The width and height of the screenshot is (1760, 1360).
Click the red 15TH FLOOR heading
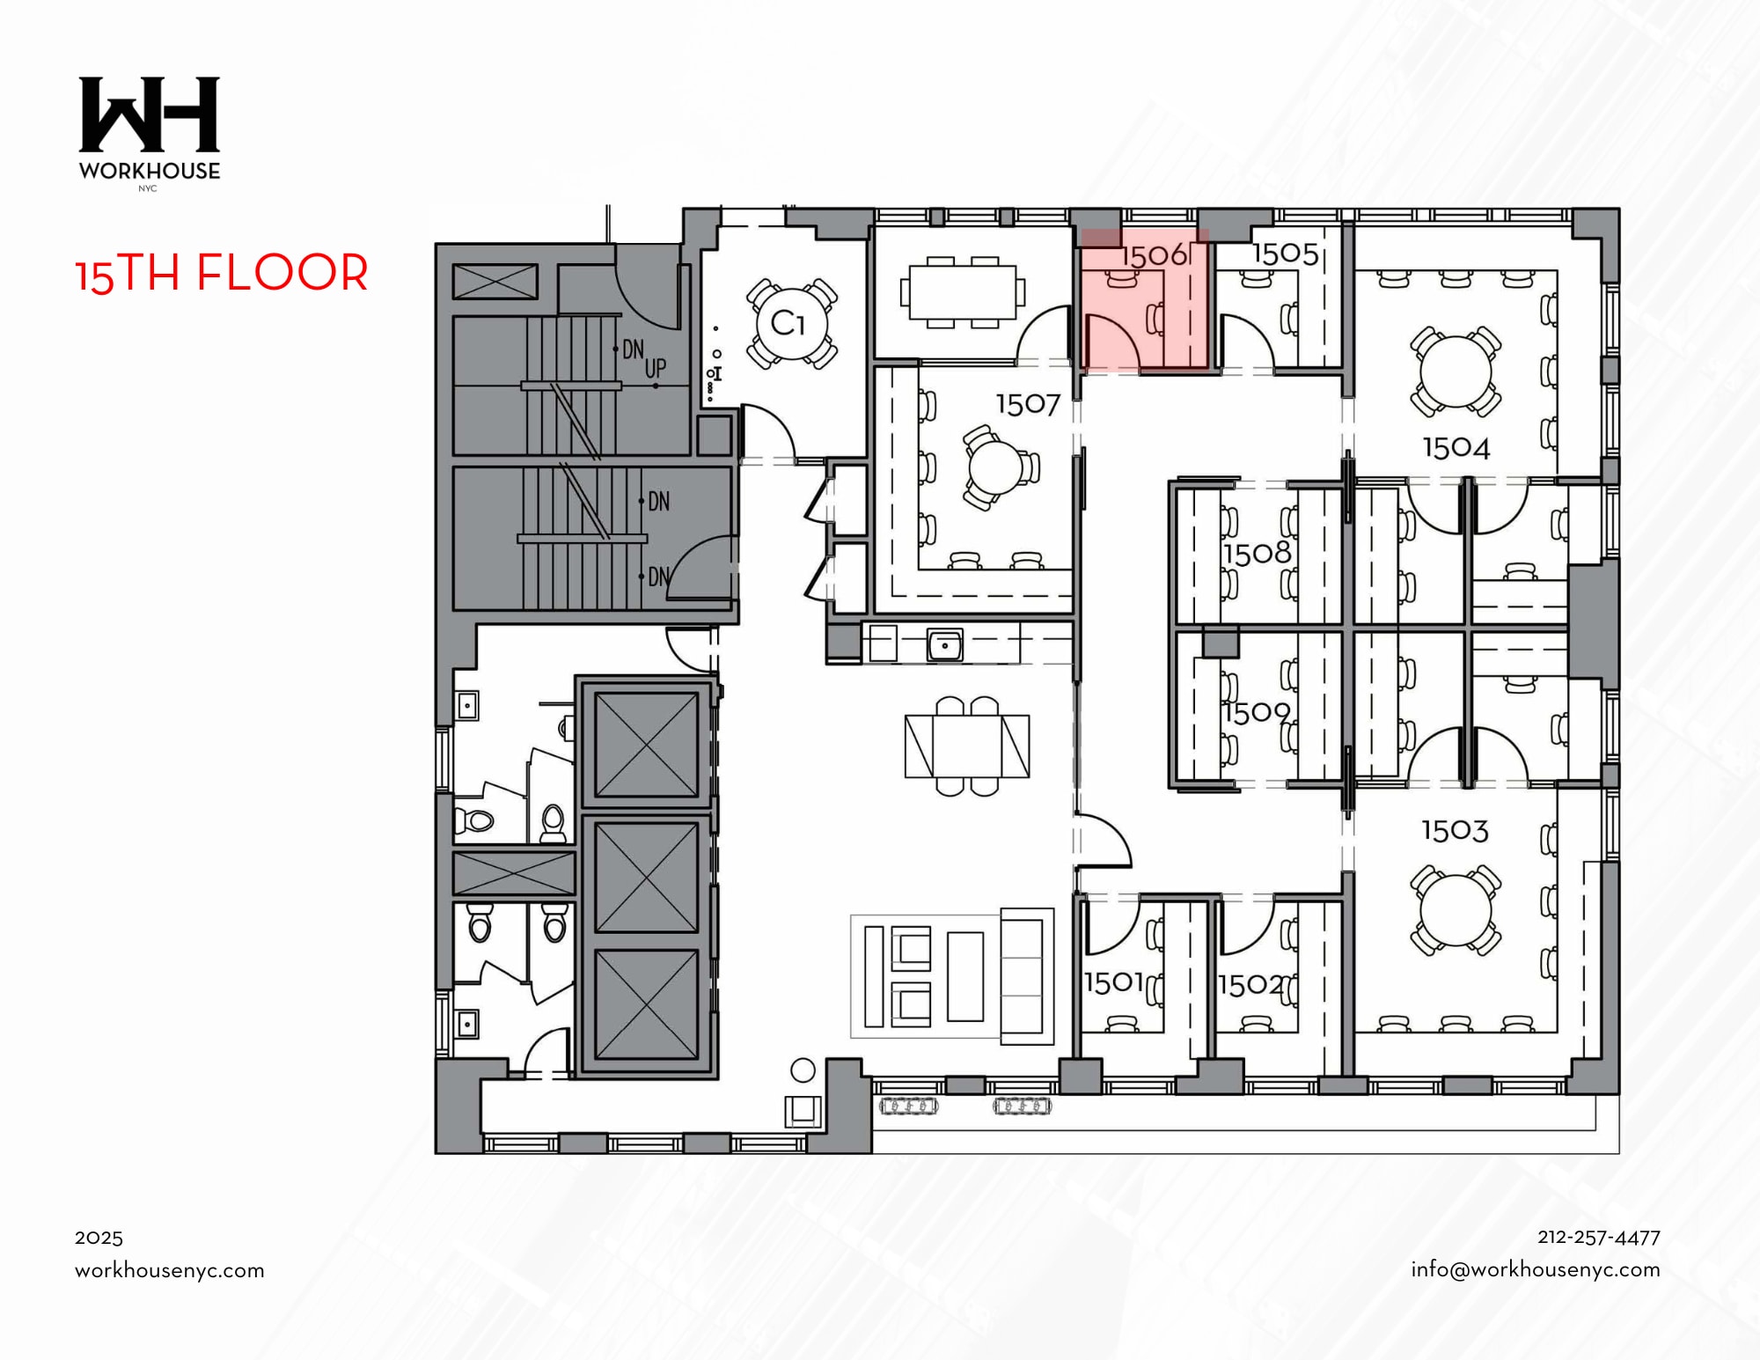point(222,273)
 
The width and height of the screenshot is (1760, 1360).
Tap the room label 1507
point(1027,405)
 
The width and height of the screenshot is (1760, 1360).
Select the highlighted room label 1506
point(1154,256)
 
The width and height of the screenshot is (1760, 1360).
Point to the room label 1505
point(1285,254)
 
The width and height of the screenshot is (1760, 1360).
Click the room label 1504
point(1456,448)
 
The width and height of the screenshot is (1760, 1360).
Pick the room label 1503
point(1455,830)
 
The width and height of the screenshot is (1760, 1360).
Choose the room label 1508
point(1257,554)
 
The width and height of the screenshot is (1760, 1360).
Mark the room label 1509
point(1257,712)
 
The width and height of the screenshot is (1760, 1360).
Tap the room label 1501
point(1113,982)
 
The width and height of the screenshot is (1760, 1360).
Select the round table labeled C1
point(791,324)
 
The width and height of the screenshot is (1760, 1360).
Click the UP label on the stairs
point(656,368)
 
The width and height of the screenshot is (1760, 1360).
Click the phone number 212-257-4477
point(1598,1237)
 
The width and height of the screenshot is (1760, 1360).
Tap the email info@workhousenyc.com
point(1535,1269)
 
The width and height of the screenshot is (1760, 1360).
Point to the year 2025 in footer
point(99,1238)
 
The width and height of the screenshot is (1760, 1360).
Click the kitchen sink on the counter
point(945,645)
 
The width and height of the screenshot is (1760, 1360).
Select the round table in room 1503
point(1456,909)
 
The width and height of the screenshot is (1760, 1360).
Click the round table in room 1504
point(1456,371)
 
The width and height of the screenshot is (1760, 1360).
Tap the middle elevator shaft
point(646,877)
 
